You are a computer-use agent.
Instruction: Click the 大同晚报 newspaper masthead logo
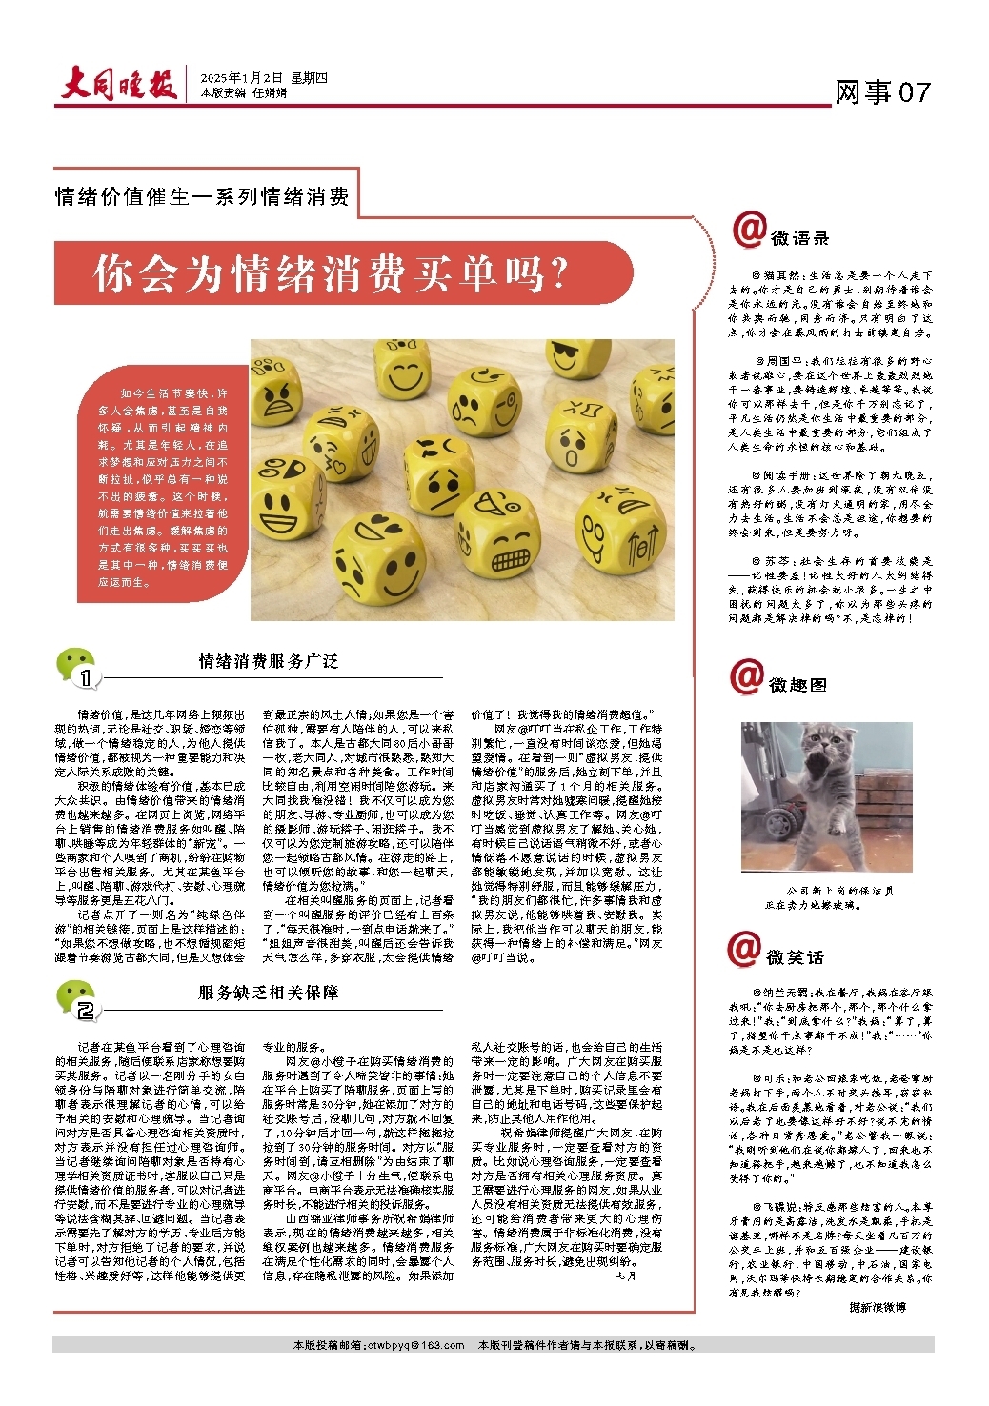120,86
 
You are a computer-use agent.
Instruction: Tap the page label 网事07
881,92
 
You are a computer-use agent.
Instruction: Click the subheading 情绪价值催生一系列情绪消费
203,197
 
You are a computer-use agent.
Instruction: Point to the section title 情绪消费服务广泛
269,661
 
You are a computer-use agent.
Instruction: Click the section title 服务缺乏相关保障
269,993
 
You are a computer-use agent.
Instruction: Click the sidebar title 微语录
800,238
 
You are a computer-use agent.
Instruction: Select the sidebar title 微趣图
798,685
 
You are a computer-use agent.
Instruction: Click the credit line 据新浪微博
878,1307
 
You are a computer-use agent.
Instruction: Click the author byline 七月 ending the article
626,1275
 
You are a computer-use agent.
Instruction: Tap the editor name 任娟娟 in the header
270,93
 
